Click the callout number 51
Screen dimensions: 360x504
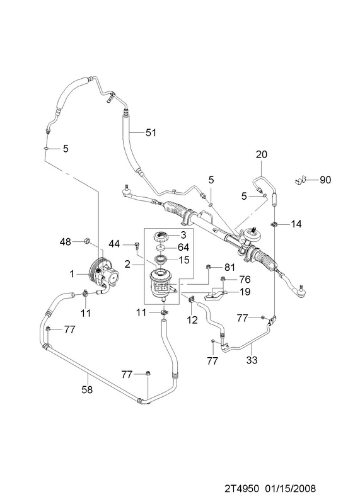[x=151, y=132]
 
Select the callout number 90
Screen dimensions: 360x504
[x=325, y=180]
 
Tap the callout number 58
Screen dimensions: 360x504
[x=87, y=389]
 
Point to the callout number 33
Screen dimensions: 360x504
[x=252, y=360]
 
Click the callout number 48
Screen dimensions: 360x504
[x=66, y=241]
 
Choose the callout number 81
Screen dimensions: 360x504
[x=229, y=267]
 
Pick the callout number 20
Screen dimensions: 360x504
[x=262, y=154]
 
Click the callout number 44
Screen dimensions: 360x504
[x=114, y=244]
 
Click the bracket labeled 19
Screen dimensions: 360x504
[x=215, y=294]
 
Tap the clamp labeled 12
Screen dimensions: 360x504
[x=191, y=300]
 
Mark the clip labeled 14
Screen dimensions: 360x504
[x=274, y=224]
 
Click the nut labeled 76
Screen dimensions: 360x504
[x=223, y=278]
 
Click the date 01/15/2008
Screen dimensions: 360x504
[x=291, y=489]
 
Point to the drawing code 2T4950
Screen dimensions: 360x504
[x=241, y=489]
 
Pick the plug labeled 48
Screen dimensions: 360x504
[x=87, y=241]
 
